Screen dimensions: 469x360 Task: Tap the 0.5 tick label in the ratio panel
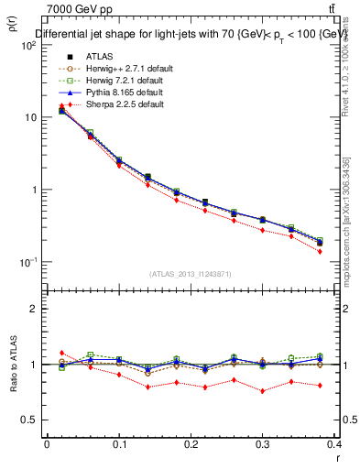click(32, 420)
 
